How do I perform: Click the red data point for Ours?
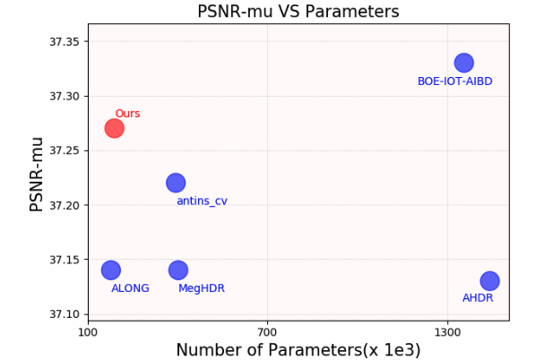(x=114, y=128)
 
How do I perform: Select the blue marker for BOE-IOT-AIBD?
(x=463, y=63)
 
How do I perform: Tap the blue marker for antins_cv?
(x=176, y=183)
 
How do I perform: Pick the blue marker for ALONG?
(x=110, y=270)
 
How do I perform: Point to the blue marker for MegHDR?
(x=178, y=270)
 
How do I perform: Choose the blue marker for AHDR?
(x=489, y=281)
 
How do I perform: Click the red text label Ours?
(x=127, y=114)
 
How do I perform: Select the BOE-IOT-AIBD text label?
(x=454, y=81)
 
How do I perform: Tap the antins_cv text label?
(x=202, y=201)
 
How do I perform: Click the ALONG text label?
(x=130, y=288)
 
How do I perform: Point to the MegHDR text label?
(x=202, y=288)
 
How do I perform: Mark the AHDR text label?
(x=478, y=298)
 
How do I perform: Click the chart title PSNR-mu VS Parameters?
(x=298, y=12)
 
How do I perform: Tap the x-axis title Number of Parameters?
(x=298, y=350)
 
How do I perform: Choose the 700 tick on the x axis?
(x=267, y=332)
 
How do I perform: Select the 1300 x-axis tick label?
(x=447, y=332)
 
